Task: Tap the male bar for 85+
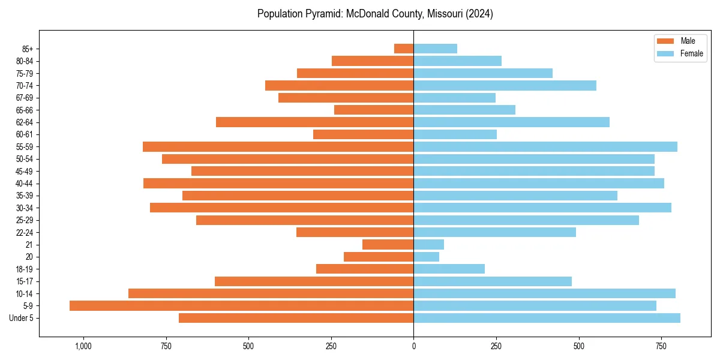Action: click(x=404, y=49)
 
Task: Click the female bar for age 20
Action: click(x=426, y=257)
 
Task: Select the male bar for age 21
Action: click(x=388, y=245)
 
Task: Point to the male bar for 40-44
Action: click(x=278, y=184)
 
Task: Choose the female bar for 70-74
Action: click(x=505, y=86)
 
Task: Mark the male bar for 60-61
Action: click(x=363, y=134)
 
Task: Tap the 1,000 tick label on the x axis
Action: click(x=83, y=346)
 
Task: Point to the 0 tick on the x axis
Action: click(x=413, y=346)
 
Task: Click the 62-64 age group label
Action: click(x=25, y=122)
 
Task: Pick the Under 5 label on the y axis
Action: click(x=21, y=318)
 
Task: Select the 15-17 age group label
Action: click(x=25, y=281)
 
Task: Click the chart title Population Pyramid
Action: click(x=375, y=14)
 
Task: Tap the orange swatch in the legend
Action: click(x=665, y=41)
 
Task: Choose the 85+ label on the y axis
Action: click(x=28, y=49)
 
